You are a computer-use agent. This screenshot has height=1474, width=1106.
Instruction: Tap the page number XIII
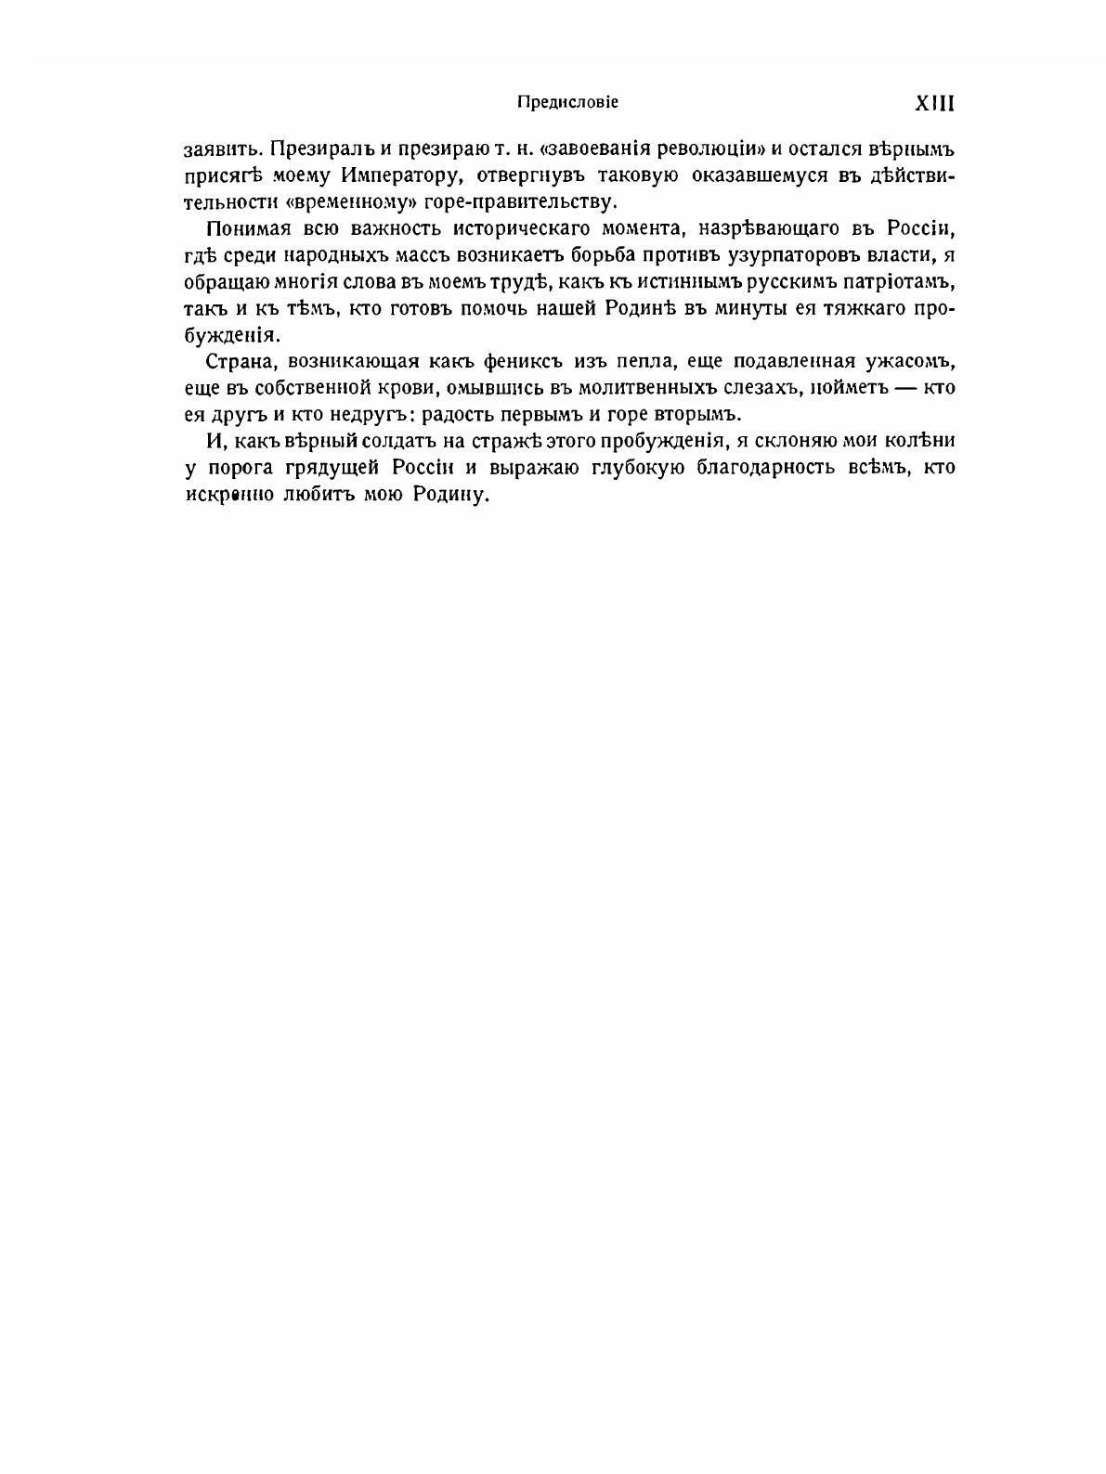coord(935,102)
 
